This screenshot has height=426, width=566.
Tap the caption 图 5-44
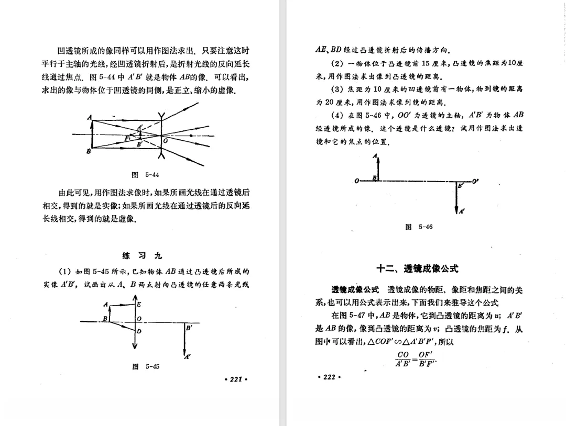(145, 175)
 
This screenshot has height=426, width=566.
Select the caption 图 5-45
(145, 366)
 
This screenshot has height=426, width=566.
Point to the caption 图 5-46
(419, 227)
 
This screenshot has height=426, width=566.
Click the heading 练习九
(142, 255)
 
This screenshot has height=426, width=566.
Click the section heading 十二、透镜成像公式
(417, 268)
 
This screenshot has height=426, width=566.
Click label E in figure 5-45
(138, 304)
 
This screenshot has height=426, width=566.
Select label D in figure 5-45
(138, 331)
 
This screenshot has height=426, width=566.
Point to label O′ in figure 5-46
(475, 181)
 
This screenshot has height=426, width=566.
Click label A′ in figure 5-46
(461, 211)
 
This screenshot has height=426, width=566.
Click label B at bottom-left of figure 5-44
(89, 152)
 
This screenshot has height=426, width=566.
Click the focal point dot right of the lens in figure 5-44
(192, 134)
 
